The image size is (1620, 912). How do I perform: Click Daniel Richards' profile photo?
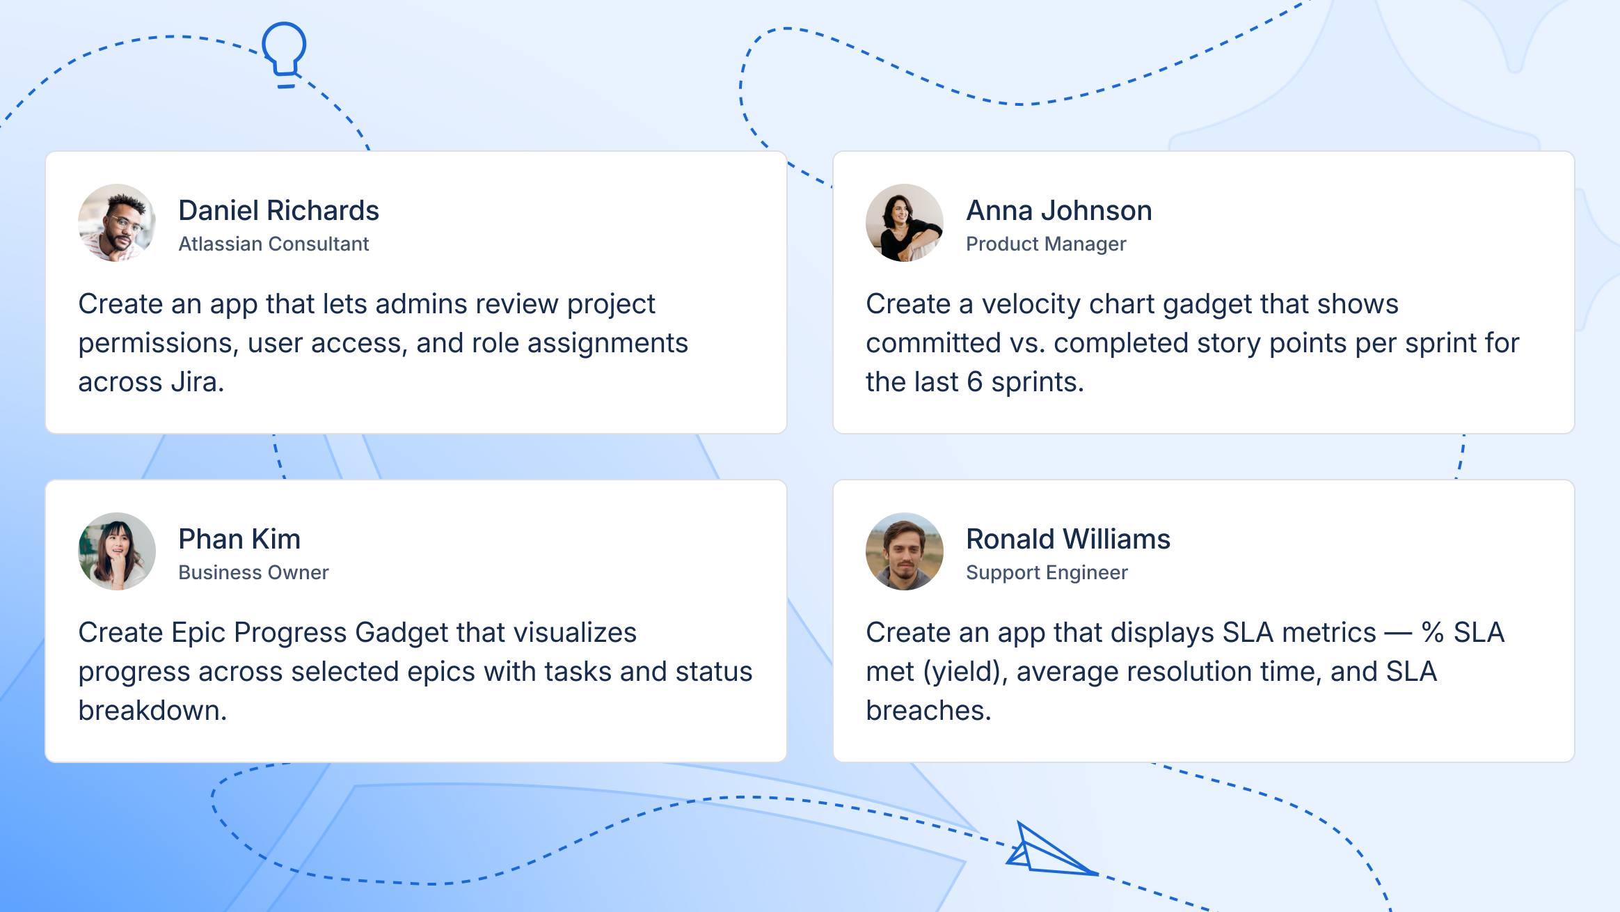[x=117, y=223]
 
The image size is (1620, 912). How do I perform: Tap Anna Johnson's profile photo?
[x=905, y=223]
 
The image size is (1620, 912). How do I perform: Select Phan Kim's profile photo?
[x=117, y=551]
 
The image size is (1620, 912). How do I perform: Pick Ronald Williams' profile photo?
[x=905, y=551]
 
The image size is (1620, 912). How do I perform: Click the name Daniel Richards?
[x=278, y=210]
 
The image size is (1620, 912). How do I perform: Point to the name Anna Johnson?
[x=1059, y=210]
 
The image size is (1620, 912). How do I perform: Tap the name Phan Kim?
[x=239, y=539]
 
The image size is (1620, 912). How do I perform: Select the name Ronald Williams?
[x=1068, y=539]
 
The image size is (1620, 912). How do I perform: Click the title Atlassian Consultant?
[x=273, y=244]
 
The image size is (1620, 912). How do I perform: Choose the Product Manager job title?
[x=1046, y=244]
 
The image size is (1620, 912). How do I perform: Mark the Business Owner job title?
[x=253, y=572]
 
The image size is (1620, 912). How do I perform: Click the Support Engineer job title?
[x=1047, y=572]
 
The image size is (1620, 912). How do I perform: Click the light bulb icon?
[x=284, y=53]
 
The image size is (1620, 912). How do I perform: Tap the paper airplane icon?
[x=1047, y=851]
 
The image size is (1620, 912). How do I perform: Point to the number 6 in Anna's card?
[x=974, y=382]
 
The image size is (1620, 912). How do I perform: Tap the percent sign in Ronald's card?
[x=1432, y=633]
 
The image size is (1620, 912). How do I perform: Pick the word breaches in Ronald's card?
[x=928, y=711]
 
